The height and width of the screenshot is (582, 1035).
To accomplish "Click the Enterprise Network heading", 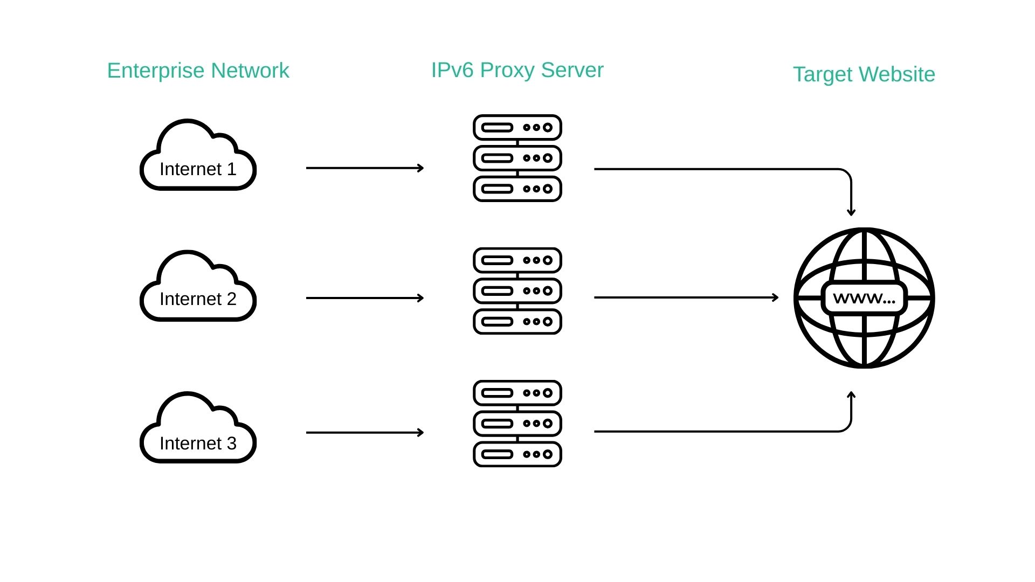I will (198, 71).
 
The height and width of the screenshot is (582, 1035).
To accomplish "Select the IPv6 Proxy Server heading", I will (517, 70).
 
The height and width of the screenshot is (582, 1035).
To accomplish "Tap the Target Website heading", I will (864, 74).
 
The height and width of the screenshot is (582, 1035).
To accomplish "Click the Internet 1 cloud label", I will (198, 169).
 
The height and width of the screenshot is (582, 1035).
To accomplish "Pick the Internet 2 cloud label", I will (198, 299).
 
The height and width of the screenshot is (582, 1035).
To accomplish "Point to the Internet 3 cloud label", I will (198, 444).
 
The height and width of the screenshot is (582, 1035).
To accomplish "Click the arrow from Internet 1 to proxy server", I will (365, 168).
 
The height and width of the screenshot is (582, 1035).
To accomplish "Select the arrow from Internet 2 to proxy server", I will (365, 298).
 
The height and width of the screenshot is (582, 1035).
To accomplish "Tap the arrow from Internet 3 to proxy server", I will (365, 432).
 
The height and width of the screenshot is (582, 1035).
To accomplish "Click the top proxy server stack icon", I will (517, 158).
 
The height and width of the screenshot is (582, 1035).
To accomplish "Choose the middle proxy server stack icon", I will (517, 291).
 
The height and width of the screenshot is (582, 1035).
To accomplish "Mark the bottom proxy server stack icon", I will (517, 424).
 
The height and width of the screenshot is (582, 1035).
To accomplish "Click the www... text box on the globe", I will (864, 298).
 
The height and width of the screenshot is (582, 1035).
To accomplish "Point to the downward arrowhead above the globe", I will (851, 212).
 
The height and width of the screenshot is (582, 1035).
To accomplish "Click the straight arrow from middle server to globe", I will (686, 297).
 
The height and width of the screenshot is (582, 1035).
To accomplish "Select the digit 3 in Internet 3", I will (231, 444).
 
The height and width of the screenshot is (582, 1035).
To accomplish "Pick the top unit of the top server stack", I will (517, 128).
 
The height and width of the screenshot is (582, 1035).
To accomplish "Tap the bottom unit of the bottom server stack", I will (517, 454).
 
